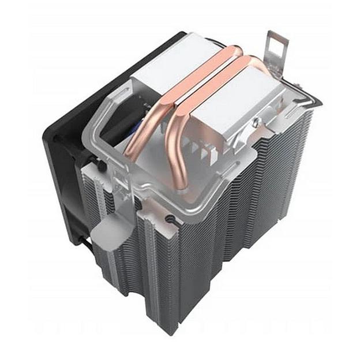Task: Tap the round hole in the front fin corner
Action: coord(171,219)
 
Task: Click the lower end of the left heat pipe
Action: coord(132,153)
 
